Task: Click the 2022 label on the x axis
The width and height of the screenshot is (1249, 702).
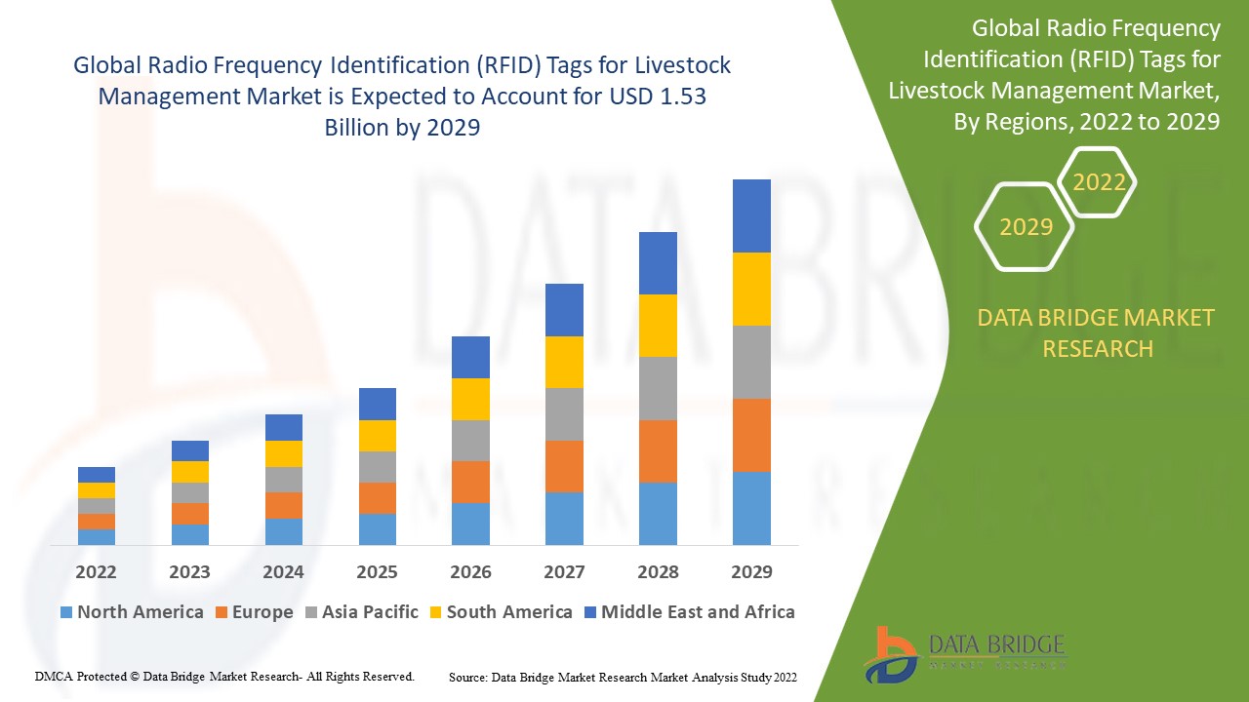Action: pyautogui.click(x=96, y=571)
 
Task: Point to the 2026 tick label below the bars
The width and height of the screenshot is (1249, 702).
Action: pyautogui.click(x=470, y=571)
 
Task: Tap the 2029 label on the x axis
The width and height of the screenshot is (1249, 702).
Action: pyautogui.click(x=751, y=571)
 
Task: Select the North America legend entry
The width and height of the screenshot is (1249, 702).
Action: pyautogui.click(x=132, y=612)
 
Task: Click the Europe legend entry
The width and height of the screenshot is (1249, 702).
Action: pyautogui.click(x=253, y=612)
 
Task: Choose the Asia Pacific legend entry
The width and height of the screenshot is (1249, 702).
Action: pyautogui.click(x=361, y=612)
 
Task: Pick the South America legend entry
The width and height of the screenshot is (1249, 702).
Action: pyautogui.click(x=500, y=612)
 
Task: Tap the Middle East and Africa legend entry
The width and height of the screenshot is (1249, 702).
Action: pyautogui.click(x=688, y=612)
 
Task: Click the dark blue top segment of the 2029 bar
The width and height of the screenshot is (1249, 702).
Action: pyautogui.click(x=751, y=215)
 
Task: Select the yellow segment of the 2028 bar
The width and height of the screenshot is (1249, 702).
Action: pyautogui.click(x=658, y=326)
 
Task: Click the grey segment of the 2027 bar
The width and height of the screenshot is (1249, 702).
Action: pyautogui.click(x=564, y=414)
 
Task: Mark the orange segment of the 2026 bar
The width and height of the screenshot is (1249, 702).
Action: pyautogui.click(x=470, y=482)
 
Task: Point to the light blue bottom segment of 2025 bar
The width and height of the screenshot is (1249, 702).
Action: pyautogui.click(x=377, y=528)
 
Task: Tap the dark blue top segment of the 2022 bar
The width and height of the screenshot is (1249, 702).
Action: pyautogui.click(x=97, y=475)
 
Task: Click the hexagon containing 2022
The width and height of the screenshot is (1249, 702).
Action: pyautogui.click(x=1099, y=182)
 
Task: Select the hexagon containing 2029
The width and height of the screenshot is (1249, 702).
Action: pyautogui.click(x=1026, y=227)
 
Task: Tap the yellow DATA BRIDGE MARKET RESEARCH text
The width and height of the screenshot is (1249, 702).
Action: pyautogui.click(x=1097, y=332)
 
